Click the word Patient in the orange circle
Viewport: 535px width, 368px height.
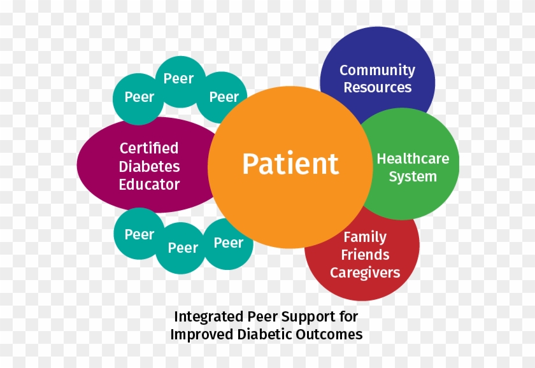(290, 164)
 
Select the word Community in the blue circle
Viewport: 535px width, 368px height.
(377, 70)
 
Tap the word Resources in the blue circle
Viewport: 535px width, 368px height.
(378, 87)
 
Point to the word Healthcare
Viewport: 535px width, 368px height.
(413, 159)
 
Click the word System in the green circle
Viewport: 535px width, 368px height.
(413, 176)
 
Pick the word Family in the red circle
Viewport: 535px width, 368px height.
(365, 237)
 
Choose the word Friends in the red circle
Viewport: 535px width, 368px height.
(365, 255)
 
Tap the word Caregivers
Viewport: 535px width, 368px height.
(365, 272)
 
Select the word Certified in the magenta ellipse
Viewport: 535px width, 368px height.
(149, 148)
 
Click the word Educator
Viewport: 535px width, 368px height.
(149, 185)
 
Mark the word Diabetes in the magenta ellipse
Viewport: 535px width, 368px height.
(149, 167)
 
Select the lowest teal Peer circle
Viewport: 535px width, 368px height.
(182, 248)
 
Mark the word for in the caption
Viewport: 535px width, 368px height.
(348, 316)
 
